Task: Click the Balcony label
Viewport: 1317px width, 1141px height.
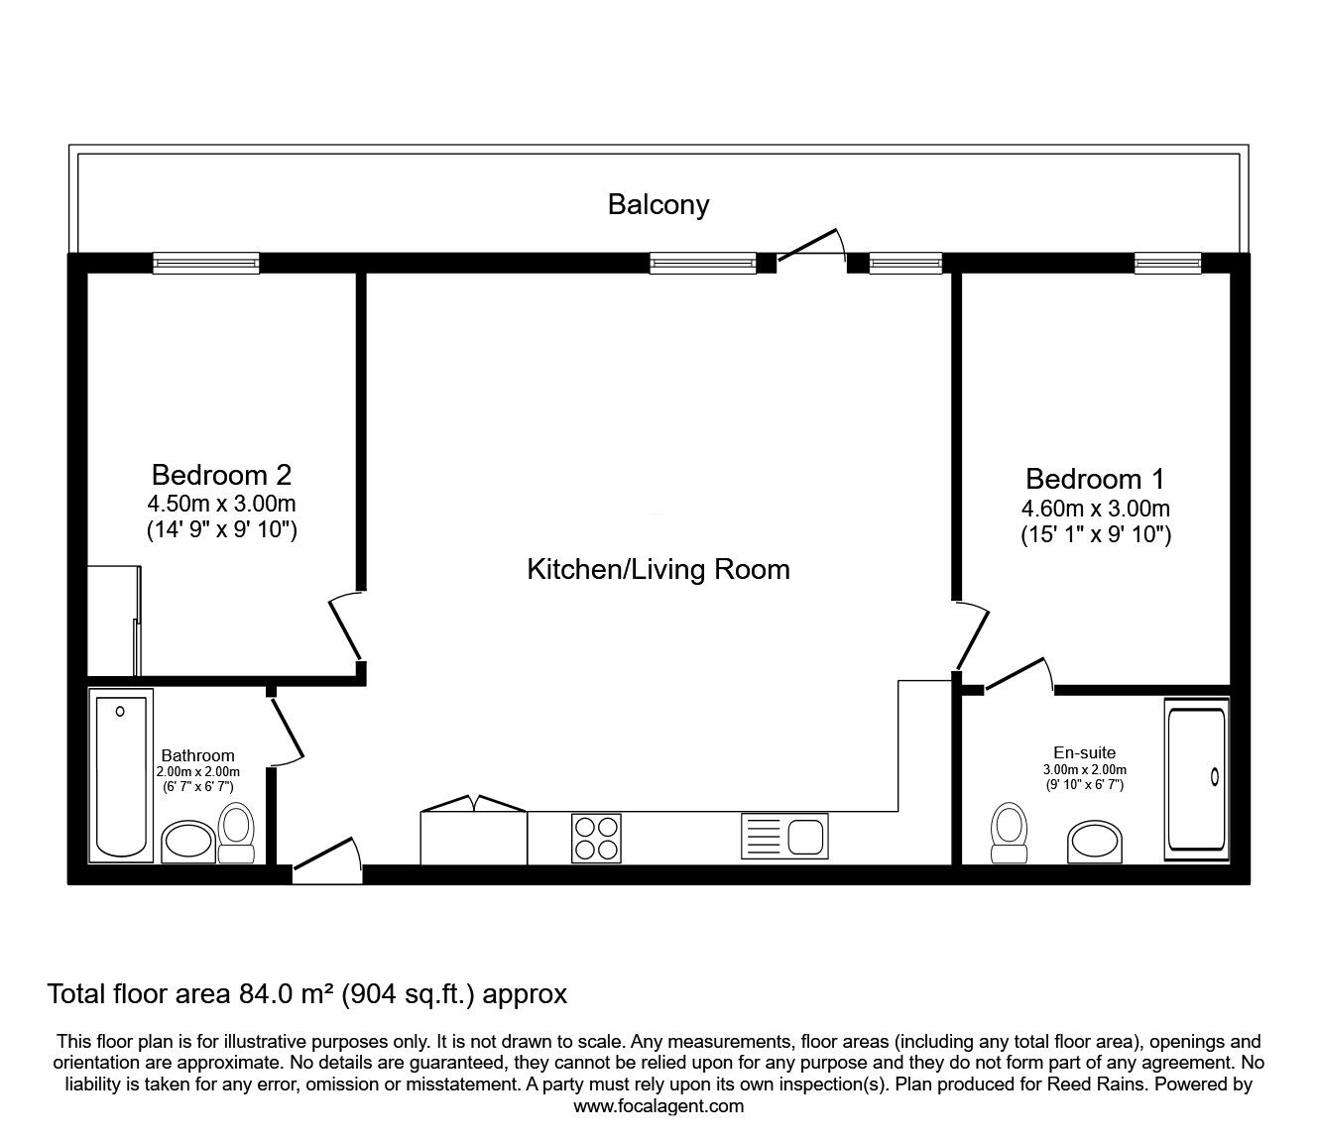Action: click(658, 205)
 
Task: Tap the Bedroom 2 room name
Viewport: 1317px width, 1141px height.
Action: click(222, 475)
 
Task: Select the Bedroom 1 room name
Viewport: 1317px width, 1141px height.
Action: click(1095, 479)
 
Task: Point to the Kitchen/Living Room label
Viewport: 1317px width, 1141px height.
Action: click(658, 570)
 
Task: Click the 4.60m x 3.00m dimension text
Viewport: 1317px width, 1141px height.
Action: click(1096, 509)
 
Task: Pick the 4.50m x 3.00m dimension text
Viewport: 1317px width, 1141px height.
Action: click(222, 504)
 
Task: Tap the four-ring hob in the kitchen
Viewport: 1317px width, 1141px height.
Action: click(596, 838)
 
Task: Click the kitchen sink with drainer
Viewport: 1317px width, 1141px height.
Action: click(784, 836)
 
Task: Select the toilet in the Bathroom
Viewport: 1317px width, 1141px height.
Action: click(236, 833)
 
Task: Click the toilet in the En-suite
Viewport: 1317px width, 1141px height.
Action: click(1009, 833)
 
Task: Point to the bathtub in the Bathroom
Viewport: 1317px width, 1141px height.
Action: click(121, 776)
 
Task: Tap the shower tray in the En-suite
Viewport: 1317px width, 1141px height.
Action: click(1197, 778)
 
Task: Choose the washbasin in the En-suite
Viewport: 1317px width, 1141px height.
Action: click(1095, 842)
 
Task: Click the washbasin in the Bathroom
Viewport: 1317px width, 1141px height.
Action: click(188, 842)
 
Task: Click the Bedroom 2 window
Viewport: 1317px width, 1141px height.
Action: click(206, 263)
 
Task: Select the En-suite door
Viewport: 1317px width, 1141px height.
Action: click(1018, 675)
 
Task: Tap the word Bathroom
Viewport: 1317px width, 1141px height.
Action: click(197, 755)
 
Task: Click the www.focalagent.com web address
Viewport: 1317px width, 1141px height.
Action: click(658, 1105)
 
